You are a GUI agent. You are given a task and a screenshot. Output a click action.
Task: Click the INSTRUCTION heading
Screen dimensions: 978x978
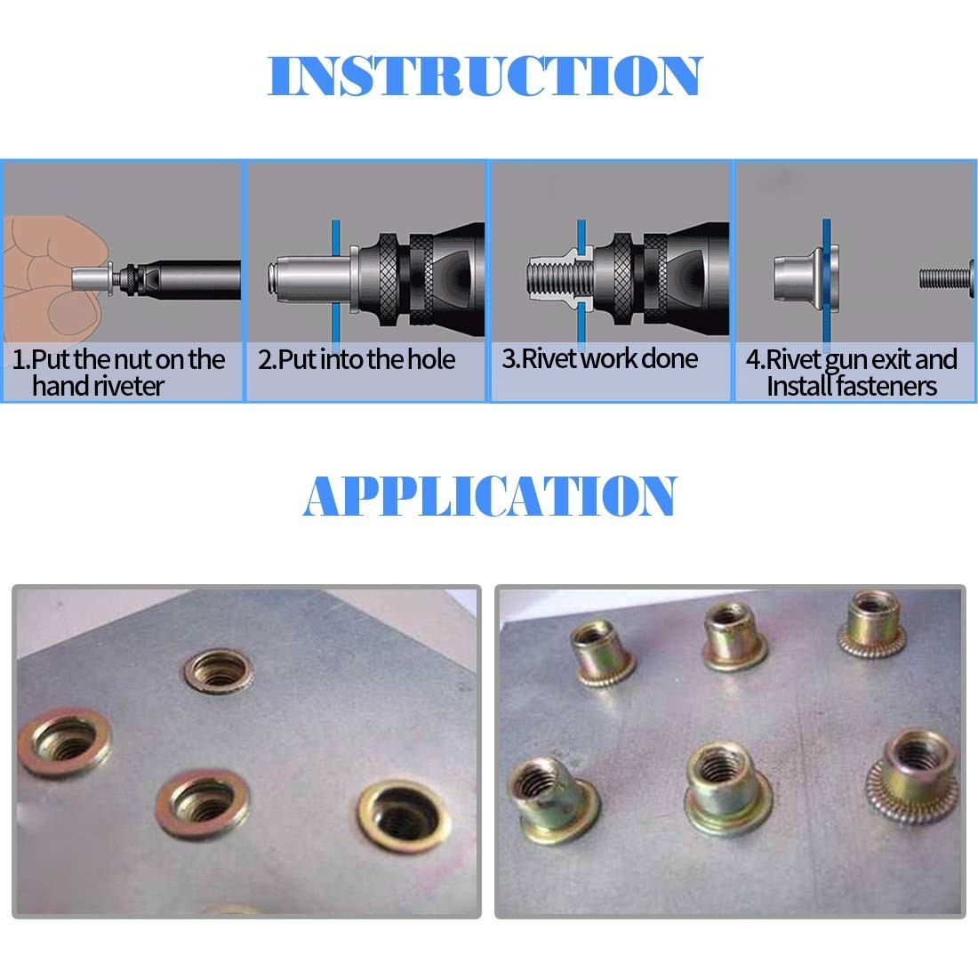tap(485, 76)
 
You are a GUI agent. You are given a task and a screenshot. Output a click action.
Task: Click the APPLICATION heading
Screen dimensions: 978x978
tap(490, 495)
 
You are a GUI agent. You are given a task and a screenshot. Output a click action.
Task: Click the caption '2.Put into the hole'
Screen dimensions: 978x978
tap(357, 359)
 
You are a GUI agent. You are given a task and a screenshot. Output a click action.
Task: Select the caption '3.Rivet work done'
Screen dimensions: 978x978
tap(600, 358)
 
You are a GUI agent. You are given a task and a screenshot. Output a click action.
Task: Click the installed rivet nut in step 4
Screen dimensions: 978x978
tap(804, 277)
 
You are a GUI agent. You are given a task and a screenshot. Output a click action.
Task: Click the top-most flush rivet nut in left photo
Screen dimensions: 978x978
tap(219, 670)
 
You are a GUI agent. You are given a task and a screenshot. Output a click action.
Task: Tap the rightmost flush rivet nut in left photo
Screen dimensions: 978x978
tap(405, 817)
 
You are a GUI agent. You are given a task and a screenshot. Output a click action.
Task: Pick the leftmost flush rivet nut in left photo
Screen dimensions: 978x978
tap(64, 743)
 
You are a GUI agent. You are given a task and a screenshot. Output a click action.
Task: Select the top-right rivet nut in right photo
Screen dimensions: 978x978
tap(872, 624)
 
